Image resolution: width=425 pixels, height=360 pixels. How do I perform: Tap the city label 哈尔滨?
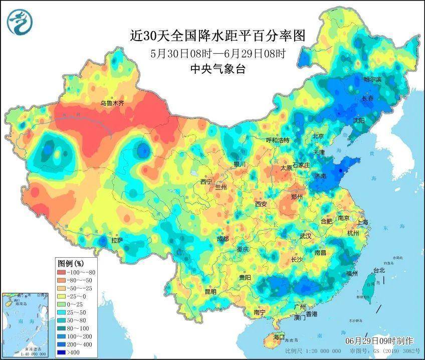372,80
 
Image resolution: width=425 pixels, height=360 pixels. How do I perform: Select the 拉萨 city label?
116,240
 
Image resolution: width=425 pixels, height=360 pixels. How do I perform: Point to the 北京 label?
318,136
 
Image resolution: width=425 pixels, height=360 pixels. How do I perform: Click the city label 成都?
222,239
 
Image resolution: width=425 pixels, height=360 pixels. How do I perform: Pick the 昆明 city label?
210,291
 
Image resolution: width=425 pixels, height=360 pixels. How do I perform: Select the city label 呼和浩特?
277,140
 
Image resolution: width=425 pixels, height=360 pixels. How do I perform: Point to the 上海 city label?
362,222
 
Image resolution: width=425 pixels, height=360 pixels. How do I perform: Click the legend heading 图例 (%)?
71,263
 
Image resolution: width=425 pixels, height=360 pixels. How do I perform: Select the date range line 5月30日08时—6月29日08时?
217,53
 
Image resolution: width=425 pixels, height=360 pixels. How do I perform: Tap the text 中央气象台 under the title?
217,70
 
